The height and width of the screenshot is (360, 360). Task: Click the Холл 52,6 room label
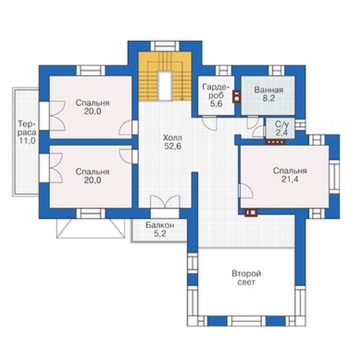pos(173,142)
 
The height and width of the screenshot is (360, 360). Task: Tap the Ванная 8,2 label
pos(269,94)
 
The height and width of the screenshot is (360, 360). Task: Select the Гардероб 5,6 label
pos(216,95)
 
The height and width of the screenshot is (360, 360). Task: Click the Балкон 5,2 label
pos(160,229)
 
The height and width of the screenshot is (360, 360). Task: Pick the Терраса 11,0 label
pos(27,132)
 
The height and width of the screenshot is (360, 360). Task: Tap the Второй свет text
pos(246,278)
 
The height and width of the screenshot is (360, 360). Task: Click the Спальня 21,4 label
pos(290,175)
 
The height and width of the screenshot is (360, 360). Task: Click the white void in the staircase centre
pos(166,86)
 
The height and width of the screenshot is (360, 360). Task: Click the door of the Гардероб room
pos(210,122)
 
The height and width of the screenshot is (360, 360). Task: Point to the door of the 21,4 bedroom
pos(246,191)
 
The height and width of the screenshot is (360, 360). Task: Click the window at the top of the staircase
pos(166,46)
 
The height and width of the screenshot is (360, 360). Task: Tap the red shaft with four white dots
pos(275,142)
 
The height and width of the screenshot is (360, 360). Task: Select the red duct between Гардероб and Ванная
pos(236,96)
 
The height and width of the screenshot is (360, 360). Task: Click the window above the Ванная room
pos(276,71)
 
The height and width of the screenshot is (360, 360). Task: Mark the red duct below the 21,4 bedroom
pos(251,212)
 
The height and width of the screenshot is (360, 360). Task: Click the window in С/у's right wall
pos(300,125)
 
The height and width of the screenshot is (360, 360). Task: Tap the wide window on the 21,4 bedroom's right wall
pos(334,177)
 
